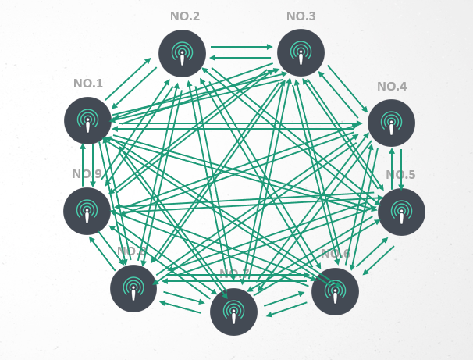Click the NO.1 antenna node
87,120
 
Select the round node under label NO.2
182,53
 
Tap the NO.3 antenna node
301,53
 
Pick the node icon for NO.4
391,123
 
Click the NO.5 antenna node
401,212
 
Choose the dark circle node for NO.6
335,291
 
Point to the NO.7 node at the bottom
233,312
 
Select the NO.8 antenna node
133,288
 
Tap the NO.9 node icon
87,211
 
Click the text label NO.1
88,84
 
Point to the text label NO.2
185,16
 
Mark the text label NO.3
301,16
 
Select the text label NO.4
391,86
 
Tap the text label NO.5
400,174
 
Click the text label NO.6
336,254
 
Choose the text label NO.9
87,174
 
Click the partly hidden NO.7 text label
233,273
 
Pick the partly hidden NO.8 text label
131,251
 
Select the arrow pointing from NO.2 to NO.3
241,47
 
